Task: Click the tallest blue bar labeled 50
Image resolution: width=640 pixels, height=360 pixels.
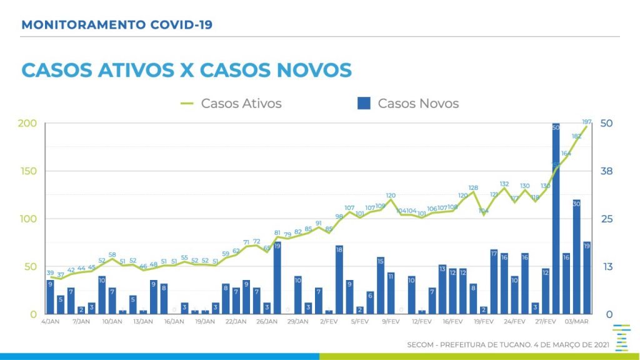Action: [556, 219]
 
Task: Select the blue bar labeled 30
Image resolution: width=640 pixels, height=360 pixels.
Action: [576, 256]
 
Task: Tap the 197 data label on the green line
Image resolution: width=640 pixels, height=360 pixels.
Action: [587, 121]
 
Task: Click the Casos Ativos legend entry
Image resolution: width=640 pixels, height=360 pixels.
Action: [231, 104]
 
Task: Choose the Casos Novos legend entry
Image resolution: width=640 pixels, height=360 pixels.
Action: [408, 104]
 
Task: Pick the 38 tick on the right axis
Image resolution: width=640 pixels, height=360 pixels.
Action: [607, 171]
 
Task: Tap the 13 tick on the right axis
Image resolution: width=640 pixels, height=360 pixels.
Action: [606, 267]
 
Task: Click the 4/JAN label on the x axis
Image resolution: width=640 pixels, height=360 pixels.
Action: [51, 322]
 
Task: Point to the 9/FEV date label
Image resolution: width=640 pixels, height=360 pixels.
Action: [391, 322]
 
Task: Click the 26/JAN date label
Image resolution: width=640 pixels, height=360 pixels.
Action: [267, 322]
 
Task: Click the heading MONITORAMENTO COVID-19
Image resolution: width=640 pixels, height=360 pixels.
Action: [117, 26]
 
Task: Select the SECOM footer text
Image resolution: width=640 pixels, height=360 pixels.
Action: [506, 345]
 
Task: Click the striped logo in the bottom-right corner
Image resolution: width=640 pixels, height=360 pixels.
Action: [621, 338]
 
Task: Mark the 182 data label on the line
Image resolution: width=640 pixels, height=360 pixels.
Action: [576, 136]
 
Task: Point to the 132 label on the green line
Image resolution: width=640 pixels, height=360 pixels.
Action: [504, 184]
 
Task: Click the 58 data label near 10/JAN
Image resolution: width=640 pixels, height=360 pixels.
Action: [112, 254]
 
